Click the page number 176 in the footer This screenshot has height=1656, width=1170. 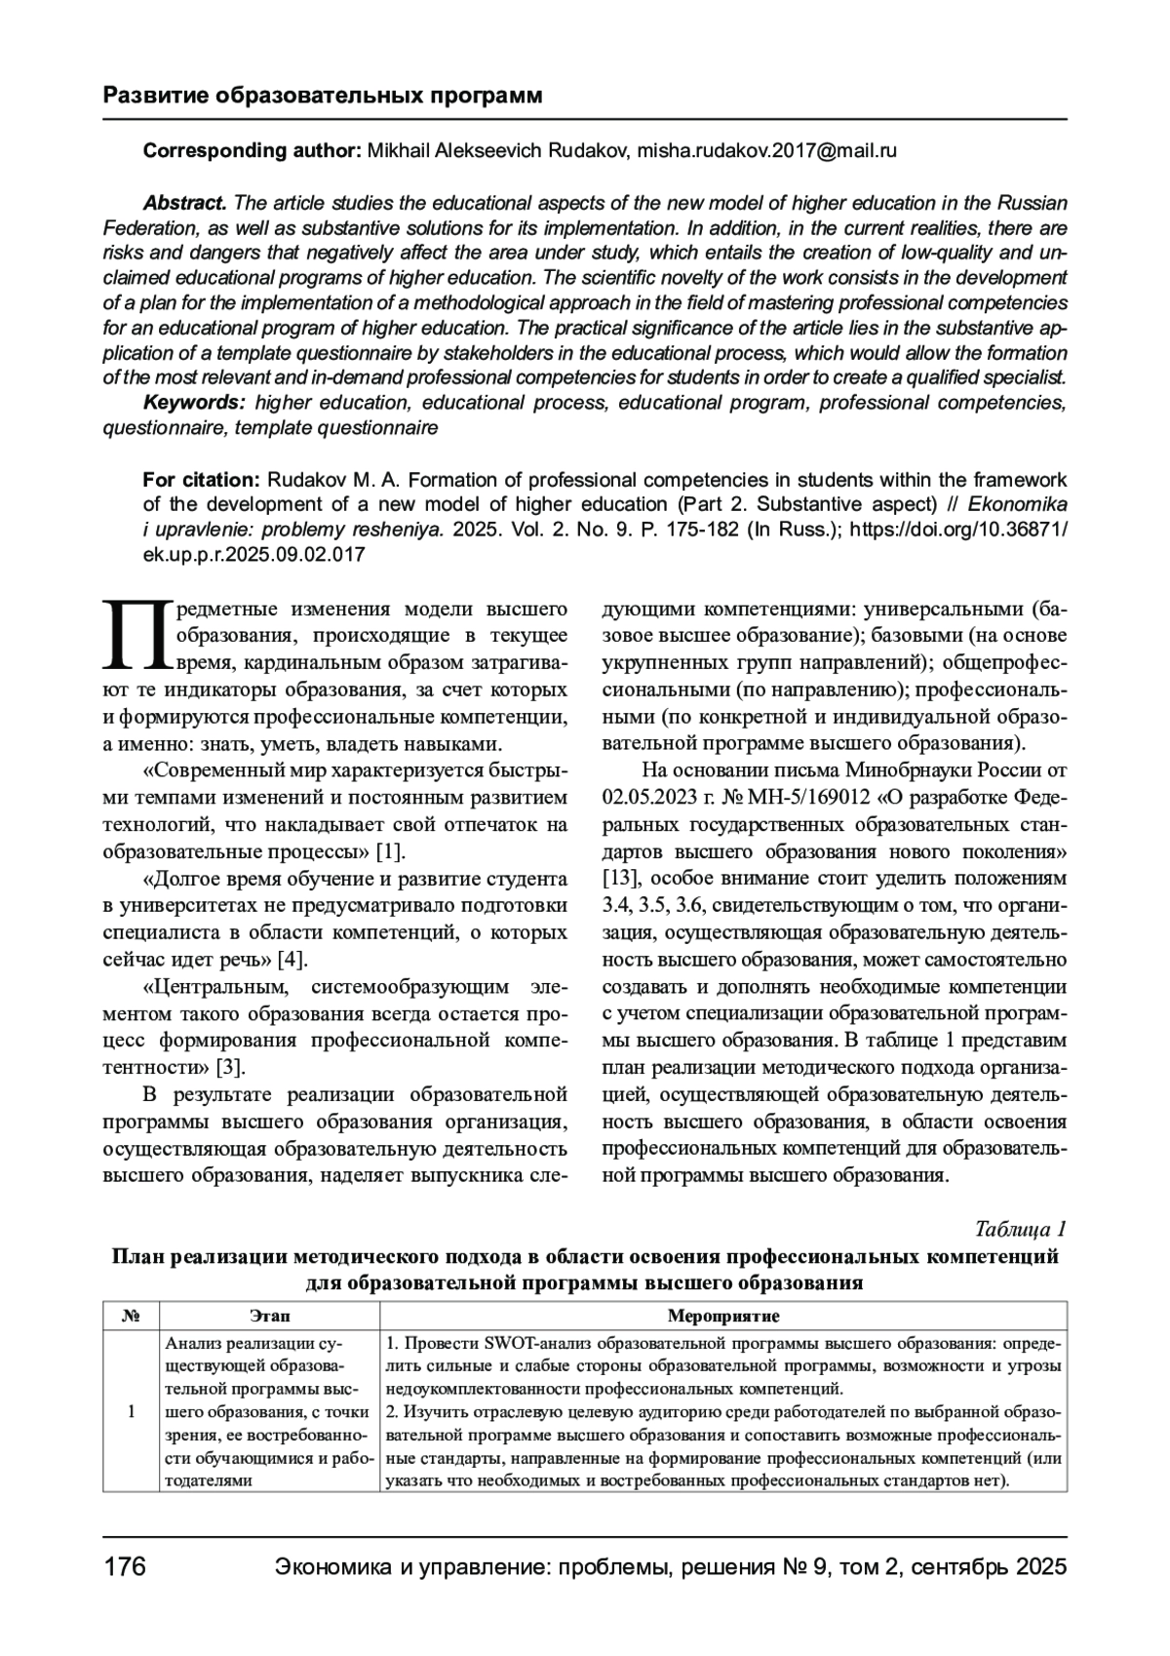tap(125, 1567)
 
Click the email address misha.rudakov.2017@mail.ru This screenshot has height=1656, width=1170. tap(766, 151)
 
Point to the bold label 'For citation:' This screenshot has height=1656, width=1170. tap(201, 480)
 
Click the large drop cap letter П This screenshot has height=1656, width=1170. tap(136, 636)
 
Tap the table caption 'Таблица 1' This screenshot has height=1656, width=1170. tap(1021, 1228)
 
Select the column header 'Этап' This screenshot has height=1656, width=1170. tap(270, 1317)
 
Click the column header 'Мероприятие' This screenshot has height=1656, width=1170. tap(723, 1317)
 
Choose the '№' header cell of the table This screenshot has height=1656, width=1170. tap(132, 1317)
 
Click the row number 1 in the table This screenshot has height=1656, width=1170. tap(132, 1411)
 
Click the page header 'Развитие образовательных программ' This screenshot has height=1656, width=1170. tap(322, 96)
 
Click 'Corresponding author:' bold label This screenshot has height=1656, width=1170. tap(253, 151)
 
